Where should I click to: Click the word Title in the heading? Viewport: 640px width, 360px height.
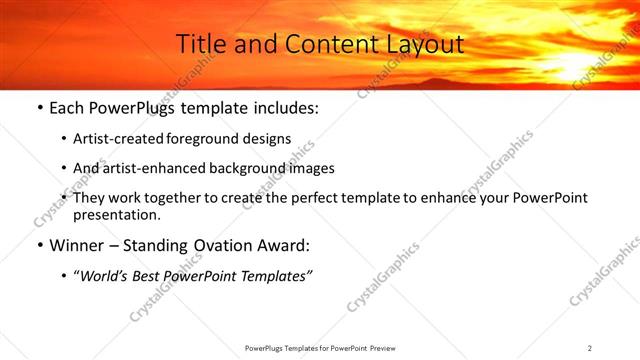(x=199, y=45)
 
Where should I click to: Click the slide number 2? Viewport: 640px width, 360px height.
(x=590, y=348)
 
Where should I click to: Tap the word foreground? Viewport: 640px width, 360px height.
(x=215, y=139)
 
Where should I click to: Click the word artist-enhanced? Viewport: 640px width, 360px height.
(x=158, y=168)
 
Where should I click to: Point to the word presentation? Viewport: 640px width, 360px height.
(x=116, y=214)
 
